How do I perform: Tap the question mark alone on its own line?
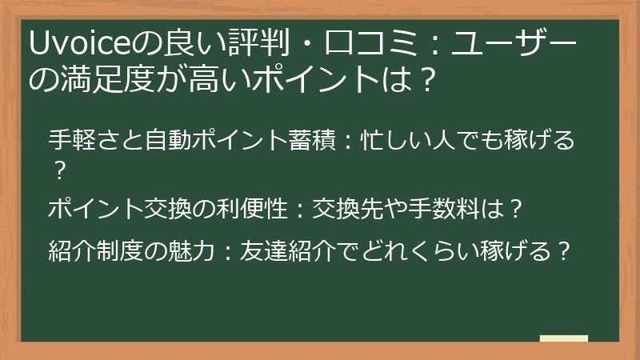[58, 170]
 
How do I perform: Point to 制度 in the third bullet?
[126, 252]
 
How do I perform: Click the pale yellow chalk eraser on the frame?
[563, 339]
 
